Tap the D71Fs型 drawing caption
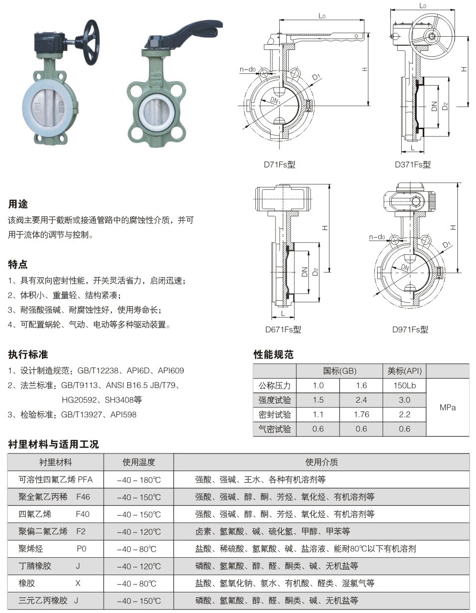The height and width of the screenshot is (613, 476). click(x=279, y=165)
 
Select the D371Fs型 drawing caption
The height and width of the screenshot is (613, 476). click(x=412, y=165)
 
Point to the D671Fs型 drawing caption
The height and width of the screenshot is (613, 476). click(x=283, y=329)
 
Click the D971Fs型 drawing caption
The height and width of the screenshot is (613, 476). click(x=410, y=329)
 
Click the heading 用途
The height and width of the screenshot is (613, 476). click(x=18, y=204)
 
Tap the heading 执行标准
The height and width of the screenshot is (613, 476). click(x=28, y=354)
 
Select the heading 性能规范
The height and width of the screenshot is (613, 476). click(x=273, y=354)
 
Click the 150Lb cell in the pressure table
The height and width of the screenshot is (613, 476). click(x=404, y=386)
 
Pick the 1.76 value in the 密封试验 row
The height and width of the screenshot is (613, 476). click(x=361, y=414)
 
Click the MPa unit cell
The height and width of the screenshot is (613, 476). click(x=447, y=407)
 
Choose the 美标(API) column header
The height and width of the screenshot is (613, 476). click(x=404, y=371)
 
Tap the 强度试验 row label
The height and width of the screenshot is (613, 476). click(x=274, y=400)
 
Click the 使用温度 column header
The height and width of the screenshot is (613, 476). click(x=138, y=462)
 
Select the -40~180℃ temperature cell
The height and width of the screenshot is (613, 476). click(x=138, y=480)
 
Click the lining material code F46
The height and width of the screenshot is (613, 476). click(x=83, y=497)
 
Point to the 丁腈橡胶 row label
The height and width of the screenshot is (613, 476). click(x=35, y=566)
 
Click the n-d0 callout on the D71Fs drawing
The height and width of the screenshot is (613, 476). click(x=248, y=69)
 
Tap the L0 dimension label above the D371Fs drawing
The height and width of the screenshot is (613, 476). click(x=423, y=6)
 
